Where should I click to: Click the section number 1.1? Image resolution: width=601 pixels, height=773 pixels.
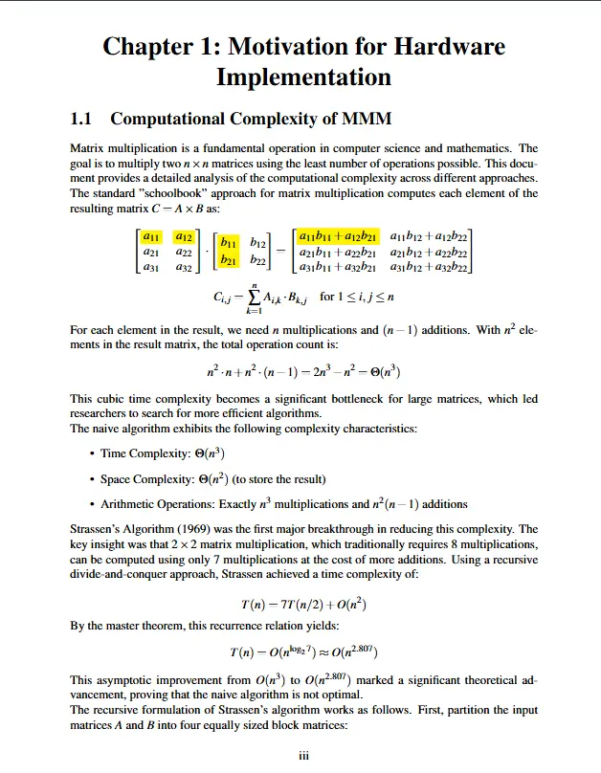pos(85,119)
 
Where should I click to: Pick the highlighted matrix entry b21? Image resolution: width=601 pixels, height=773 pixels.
pos(229,260)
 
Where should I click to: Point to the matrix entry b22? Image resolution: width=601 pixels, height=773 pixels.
pos(258,260)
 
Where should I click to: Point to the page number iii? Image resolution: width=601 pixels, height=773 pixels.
pos(304,756)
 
